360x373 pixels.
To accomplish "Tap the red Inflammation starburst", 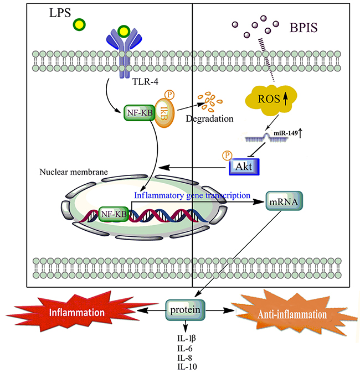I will (78, 313).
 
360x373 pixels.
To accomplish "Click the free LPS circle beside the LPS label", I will (81, 24).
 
